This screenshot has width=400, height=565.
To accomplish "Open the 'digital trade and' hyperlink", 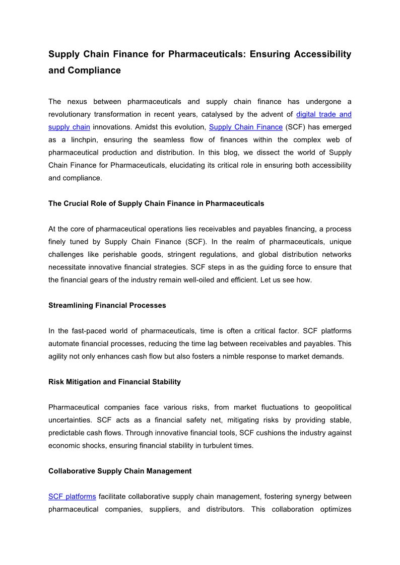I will (x=323, y=114).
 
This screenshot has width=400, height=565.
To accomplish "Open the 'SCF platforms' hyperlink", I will (x=72, y=497).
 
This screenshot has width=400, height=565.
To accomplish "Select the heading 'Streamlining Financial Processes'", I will (x=107, y=305).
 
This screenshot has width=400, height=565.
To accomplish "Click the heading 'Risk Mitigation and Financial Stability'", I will (x=114, y=382).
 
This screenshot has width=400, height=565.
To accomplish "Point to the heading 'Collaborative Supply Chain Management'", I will (x=120, y=471).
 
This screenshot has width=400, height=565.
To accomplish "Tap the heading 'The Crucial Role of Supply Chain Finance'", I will (x=156, y=203).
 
